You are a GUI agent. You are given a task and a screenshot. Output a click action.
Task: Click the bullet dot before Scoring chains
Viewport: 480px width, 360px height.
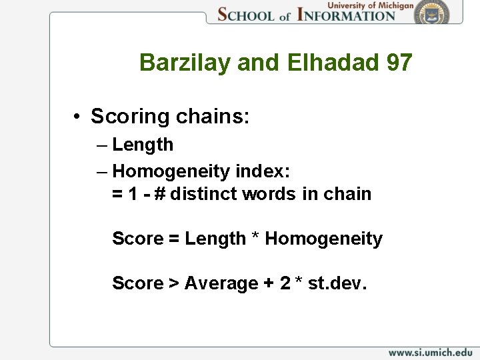tap(78, 117)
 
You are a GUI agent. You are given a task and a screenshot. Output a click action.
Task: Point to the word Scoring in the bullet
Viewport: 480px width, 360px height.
tap(131, 117)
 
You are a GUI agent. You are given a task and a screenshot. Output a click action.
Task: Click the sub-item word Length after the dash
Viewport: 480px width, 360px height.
tap(143, 145)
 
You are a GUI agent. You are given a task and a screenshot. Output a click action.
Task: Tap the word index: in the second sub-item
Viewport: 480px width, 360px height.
tap(263, 171)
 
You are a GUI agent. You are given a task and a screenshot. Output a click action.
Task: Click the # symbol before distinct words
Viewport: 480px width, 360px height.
tap(159, 194)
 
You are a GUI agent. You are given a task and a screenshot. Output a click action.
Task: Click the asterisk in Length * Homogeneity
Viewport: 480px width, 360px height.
tap(255, 239)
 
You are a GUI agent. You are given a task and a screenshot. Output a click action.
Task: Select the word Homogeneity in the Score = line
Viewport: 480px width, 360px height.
tap(324, 239)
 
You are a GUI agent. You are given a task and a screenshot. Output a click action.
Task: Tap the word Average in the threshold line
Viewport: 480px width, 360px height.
tap(221, 283)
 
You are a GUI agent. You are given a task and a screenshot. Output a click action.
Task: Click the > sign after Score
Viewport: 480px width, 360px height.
tap(173, 284)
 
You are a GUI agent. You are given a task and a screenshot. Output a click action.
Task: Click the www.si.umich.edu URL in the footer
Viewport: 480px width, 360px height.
tap(430, 352)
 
